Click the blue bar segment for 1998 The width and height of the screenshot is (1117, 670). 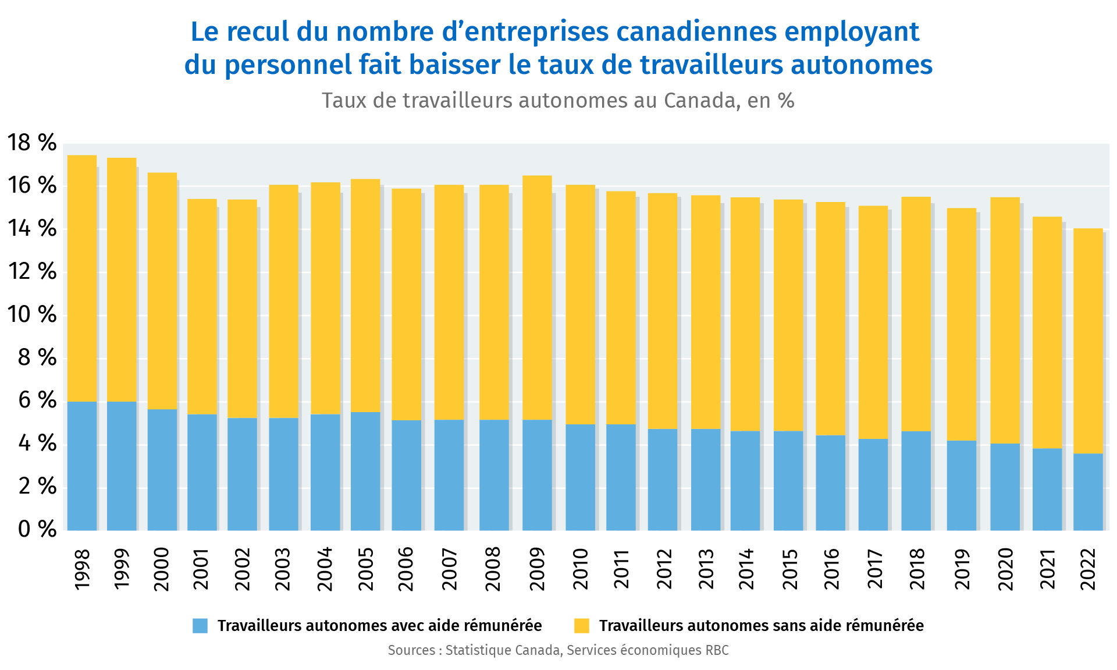coord(82,466)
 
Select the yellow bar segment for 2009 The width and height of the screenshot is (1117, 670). coord(537,297)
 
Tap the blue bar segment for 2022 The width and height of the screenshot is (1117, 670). coord(1088,492)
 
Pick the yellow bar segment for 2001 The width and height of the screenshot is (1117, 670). coord(202,307)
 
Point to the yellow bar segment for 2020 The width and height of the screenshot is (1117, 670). coord(1005,320)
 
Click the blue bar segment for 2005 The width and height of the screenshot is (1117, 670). coord(365,471)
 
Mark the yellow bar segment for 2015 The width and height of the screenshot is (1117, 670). coord(788,315)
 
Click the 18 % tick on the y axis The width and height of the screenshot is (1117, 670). coord(32,143)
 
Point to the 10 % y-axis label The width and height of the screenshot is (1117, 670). coord(32,315)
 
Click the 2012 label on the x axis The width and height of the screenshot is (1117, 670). coord(664,569)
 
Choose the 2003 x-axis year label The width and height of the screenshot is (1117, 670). coord(283,569)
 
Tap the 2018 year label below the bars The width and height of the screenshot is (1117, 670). coord(917,569)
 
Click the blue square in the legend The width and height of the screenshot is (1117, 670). coord(200,626)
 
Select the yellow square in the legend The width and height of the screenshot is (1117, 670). coord(581,626)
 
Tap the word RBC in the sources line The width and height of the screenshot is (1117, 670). coord(717,650)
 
